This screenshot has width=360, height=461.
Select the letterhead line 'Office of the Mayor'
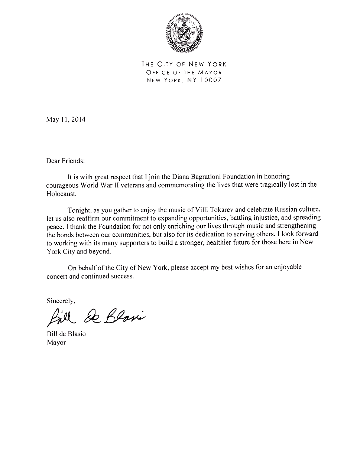pos(184,72)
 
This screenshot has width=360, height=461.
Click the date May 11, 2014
pos(66,120)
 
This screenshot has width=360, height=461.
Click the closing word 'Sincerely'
pos(61,301)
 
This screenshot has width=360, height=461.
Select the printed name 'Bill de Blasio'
pos(66,334)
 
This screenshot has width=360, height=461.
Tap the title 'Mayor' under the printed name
pos(56,342)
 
